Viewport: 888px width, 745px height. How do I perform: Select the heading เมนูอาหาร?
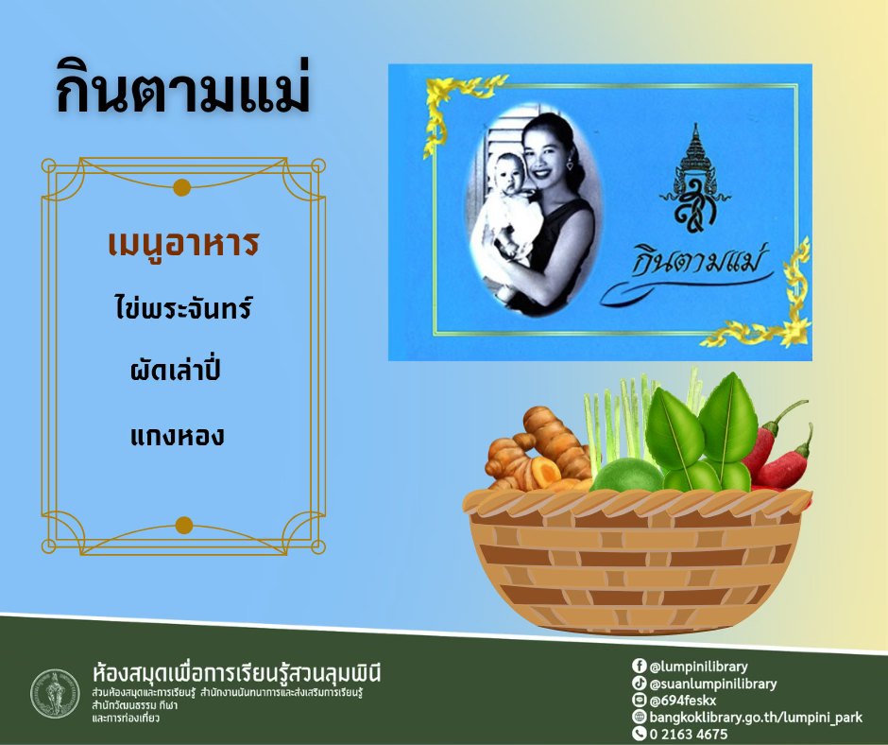[183, 245]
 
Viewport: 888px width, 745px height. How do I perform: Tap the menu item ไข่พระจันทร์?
[183, 307]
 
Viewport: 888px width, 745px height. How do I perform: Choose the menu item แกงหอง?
[179, 437]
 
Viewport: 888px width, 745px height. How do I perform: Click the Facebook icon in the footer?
[639, 666]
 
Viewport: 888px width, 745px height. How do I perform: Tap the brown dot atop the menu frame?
[183, 187]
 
